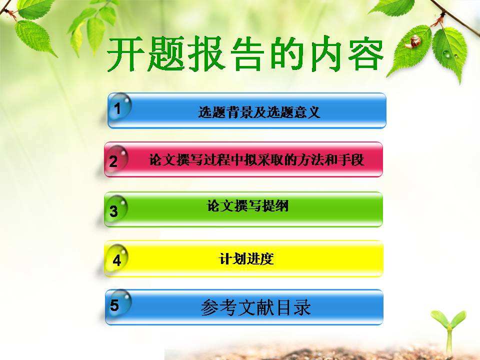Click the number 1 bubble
[120, 106]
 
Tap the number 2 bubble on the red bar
[116, 158]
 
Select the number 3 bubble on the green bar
[116, 209]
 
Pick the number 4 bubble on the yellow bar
[116, 258]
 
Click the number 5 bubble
[119, 304]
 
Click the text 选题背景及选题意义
[259, 112]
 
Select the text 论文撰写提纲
[247, 205]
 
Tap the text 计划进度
[246, 259]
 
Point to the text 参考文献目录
[256, 307]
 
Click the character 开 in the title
[125, 54]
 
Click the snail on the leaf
[413, 41]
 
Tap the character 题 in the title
[165, 54]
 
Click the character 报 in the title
[205, 54]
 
